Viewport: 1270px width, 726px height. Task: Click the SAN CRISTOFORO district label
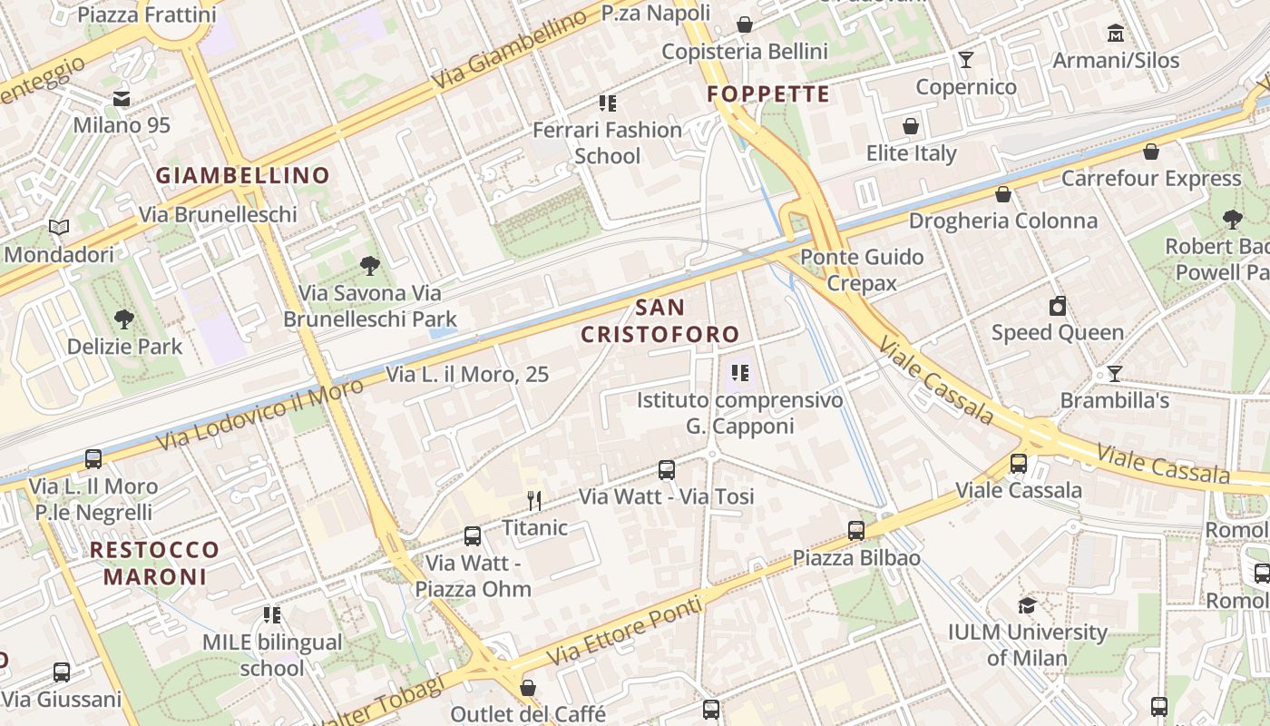point(660,321)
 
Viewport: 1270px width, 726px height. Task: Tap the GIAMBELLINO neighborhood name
point(242,175)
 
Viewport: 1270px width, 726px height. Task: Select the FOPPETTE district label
point(768,94)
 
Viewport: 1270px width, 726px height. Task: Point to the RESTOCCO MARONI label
point(155,563)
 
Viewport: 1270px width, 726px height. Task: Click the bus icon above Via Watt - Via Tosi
point(667,469)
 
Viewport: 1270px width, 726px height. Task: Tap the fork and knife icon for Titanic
point(534,500)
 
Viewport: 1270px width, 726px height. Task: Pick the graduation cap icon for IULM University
point(1027,605)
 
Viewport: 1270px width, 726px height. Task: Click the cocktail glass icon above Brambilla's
point(1114,373)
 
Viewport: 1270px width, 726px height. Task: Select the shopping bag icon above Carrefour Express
point(1150,152)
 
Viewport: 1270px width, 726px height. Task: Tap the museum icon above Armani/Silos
point(1115,34)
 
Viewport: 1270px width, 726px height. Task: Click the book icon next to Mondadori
point(59,228)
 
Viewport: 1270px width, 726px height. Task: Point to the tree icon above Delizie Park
point(124,319)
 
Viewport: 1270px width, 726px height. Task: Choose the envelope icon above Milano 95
point(122,98)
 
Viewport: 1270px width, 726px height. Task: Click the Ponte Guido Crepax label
point(861,270)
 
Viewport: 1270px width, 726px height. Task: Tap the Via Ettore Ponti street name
point(624,630)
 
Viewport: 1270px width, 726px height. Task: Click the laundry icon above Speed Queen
point(1057,306)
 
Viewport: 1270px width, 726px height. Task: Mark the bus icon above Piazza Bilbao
point(856,531)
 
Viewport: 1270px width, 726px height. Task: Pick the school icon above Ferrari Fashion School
point(607,103)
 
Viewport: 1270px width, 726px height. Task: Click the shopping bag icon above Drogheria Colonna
point(1002,194)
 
